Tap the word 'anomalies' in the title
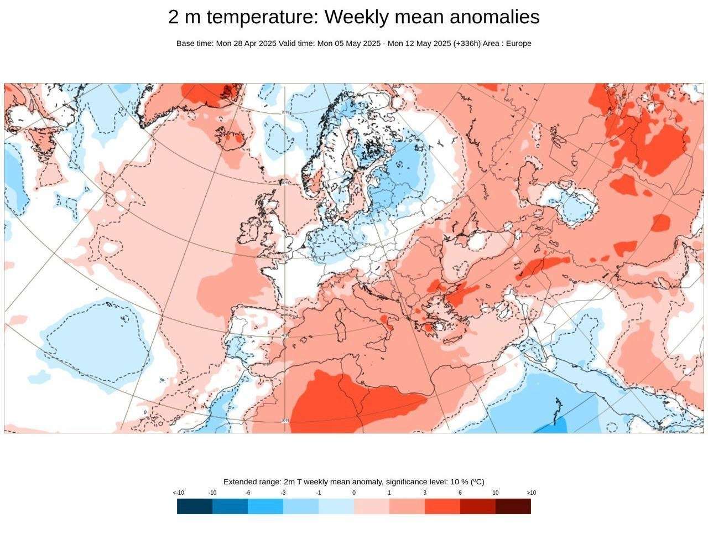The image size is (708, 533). pyautogui.click(x=495, y=17)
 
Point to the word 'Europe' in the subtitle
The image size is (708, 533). pyautogui.click(x=519, y=43)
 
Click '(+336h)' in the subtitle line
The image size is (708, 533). pyautogui.click(x=467, y=43)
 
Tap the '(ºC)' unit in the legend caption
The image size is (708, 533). pyautogui.click(x=477, y=482)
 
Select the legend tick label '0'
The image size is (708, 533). pyautogui.click(x=354, y=493)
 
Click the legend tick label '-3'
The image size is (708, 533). pyautogui.click(x=283, y=493)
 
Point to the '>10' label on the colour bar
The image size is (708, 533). pyautogui.click(x=531, y=493)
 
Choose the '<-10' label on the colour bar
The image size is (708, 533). pyautogui.click(x=178, y=493)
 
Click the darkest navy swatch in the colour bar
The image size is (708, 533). pyautogui.click(x=195, y=506)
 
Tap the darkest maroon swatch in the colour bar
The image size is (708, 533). pyautogui.click(x=513, y=506)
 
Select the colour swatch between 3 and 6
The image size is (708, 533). pyautogui.click(x=442, y=506)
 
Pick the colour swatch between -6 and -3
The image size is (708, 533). pyautogui.click(x=265, y=506)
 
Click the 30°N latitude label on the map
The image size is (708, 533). pyautogui.click(x=285, y=421)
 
